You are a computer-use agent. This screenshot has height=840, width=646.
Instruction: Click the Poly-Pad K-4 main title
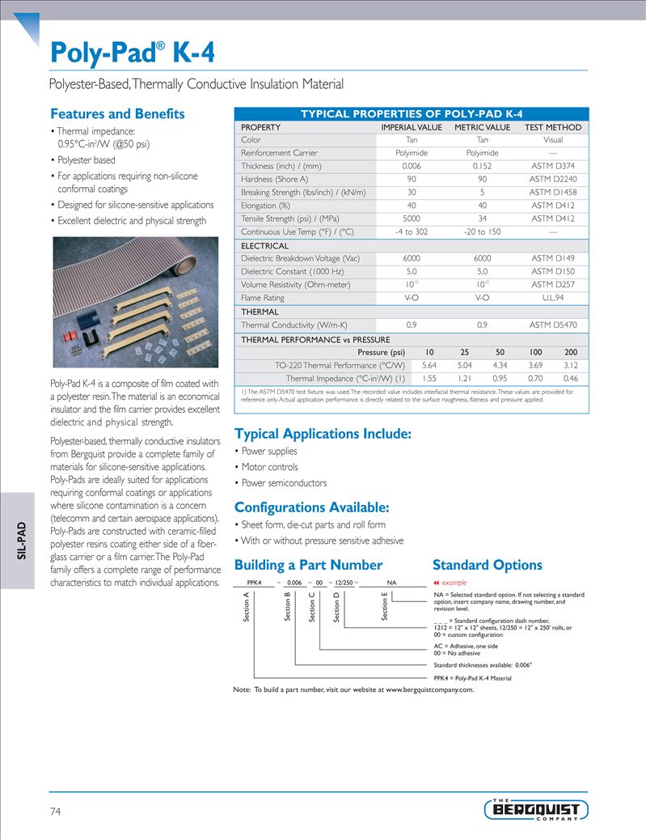point(133,53)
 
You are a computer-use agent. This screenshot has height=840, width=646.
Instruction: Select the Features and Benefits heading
point(117,114)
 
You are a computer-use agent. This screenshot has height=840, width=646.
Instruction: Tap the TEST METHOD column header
point(552,127)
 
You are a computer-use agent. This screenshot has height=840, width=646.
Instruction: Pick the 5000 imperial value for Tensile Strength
point(412,218)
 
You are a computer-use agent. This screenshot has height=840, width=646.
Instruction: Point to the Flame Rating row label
point(263,298)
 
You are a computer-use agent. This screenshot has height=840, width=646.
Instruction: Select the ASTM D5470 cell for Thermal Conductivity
point(552,325)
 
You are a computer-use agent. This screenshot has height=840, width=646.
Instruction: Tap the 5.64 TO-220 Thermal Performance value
point(429,365)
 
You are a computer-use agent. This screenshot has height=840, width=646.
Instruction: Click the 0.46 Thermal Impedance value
point(570,378)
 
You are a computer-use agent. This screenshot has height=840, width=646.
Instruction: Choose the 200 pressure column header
point(570,352)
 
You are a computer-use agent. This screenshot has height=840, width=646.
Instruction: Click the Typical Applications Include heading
point(323,434)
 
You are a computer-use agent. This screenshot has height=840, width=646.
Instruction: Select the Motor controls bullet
point(269,467)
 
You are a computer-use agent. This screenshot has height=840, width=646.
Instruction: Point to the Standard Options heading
point(487,565)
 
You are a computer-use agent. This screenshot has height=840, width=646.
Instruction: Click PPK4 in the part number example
point(254,582)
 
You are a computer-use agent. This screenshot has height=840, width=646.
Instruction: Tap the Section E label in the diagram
point(385,607)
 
